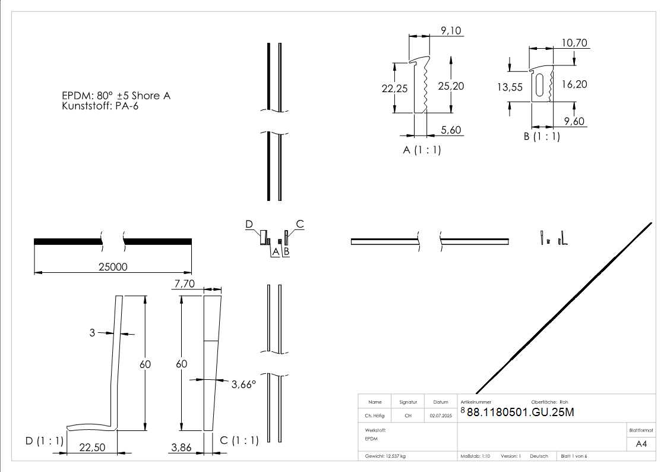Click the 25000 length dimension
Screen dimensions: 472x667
112,267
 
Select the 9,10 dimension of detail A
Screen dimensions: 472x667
451,31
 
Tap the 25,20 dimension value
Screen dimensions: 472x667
451,86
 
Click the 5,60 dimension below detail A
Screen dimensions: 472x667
451,130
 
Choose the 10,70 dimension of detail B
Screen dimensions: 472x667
574,43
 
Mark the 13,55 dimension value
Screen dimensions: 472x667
510,87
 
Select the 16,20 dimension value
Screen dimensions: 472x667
574,84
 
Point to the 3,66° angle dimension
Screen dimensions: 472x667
243,385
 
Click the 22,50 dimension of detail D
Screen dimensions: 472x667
91,448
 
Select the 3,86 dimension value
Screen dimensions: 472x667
181,448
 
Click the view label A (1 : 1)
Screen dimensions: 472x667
422,150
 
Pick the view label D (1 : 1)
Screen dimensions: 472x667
44,440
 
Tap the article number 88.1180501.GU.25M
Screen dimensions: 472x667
520,413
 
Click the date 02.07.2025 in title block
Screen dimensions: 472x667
440,416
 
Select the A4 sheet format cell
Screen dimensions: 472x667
641,443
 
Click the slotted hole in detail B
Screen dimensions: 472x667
539,84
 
